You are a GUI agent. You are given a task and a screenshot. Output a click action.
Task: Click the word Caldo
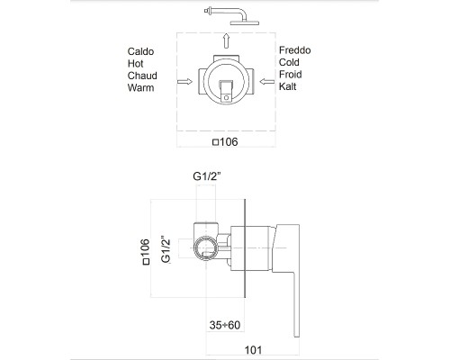point(140,51)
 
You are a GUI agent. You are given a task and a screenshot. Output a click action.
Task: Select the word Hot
point(135,64)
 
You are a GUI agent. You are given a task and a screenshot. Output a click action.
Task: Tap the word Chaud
point(142,76)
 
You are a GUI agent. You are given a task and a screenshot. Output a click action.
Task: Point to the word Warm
point(140,88)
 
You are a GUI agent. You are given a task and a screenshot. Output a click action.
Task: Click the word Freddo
point(295,50)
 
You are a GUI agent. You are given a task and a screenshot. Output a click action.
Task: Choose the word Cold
point(289,62)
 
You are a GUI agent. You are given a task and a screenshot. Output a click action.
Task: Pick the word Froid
point(291,75)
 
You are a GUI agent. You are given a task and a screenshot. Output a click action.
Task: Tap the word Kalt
point(288,86)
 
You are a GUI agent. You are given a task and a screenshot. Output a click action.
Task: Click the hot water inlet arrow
point(184,81)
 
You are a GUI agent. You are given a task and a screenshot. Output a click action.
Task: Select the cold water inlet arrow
point(267,81)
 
